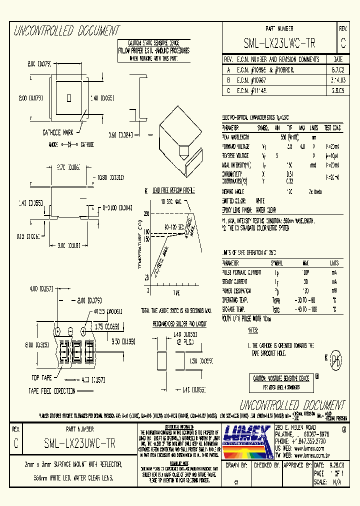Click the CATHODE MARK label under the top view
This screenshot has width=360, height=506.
click(x=58, y=132)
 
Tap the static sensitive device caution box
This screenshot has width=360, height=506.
click(x=153, y=51)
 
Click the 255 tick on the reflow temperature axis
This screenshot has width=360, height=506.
click(x=146, y=213)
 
